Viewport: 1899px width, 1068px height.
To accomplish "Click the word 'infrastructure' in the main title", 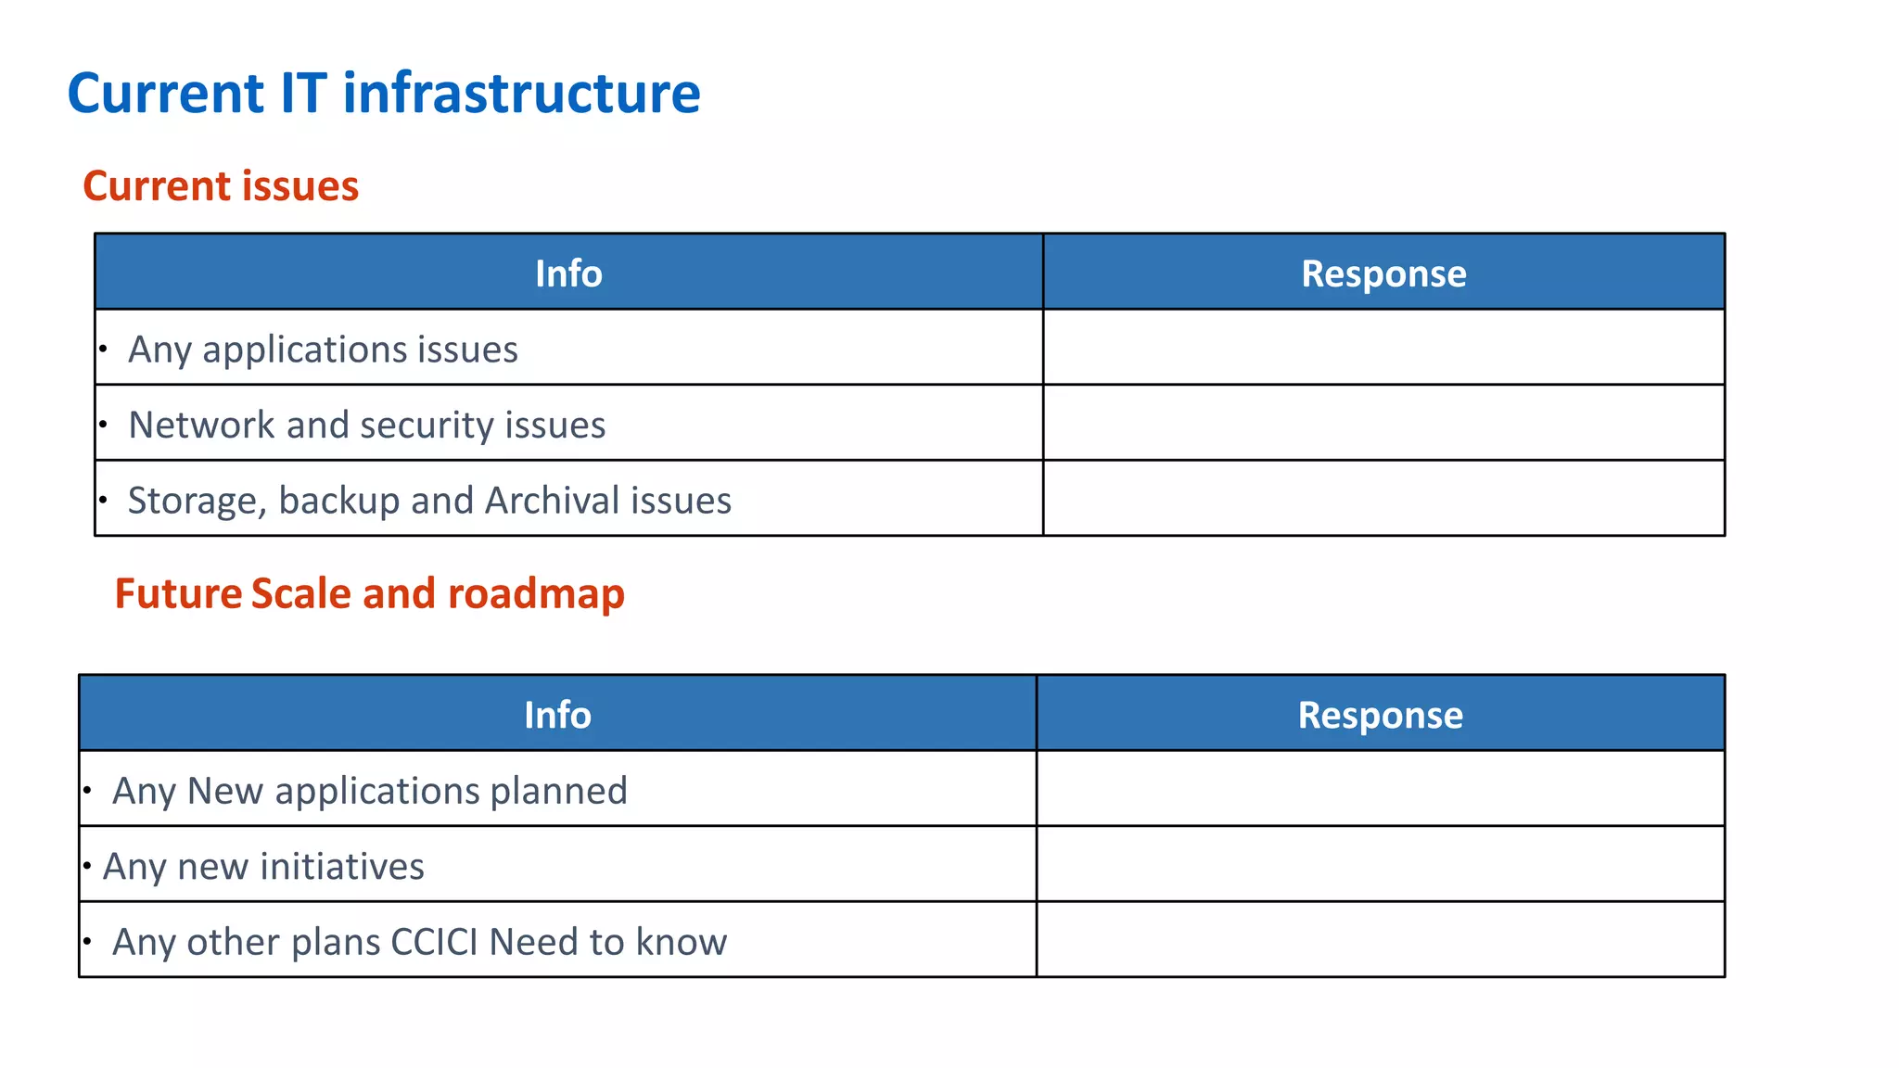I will click(521, 94).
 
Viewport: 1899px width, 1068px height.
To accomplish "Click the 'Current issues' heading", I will click(221, 186).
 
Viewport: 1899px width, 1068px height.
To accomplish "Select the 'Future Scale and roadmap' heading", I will click(369, 594).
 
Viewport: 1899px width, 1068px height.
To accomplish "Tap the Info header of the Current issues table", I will click(568, 273).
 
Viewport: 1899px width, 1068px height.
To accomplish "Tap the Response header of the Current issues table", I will click(1383, 273).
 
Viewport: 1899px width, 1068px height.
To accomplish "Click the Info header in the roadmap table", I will click(557, 715).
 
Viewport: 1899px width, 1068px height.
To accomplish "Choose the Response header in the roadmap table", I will click(1380, 715).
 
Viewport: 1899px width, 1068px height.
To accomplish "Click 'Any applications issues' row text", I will click(323, 350).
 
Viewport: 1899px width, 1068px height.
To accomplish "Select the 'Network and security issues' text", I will click(366, 425).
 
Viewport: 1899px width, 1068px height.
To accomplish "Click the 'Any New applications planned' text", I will click(369, 791).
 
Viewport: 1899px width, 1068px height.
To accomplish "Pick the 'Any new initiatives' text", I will click(263, 867).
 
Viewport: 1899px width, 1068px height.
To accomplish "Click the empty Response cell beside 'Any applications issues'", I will click(1383, 348).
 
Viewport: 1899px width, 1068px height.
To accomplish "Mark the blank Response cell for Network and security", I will click(1383, 423).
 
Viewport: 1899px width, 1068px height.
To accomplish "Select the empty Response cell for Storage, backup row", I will click(1383, 499).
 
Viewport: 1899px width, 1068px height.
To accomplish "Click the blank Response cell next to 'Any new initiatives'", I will click(1380, 864).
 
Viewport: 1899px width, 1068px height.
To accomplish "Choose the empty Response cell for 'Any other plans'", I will click(1380, 940).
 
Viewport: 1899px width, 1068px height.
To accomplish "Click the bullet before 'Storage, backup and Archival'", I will click(104, 500).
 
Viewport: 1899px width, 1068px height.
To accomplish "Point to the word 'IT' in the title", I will click(303, 94).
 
